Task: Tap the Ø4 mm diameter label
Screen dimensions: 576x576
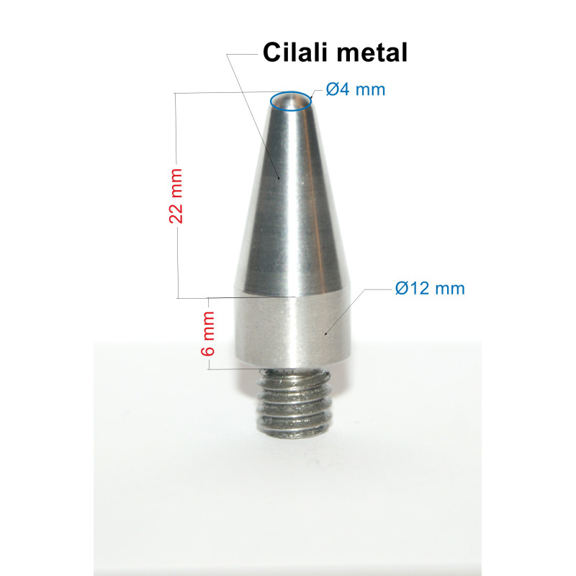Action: click(355, 89)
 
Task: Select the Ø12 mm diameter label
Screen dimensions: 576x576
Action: click(430, 289)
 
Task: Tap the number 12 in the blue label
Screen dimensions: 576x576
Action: click(418, 289)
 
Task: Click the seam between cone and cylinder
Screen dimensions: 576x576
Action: click(291, 294)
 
